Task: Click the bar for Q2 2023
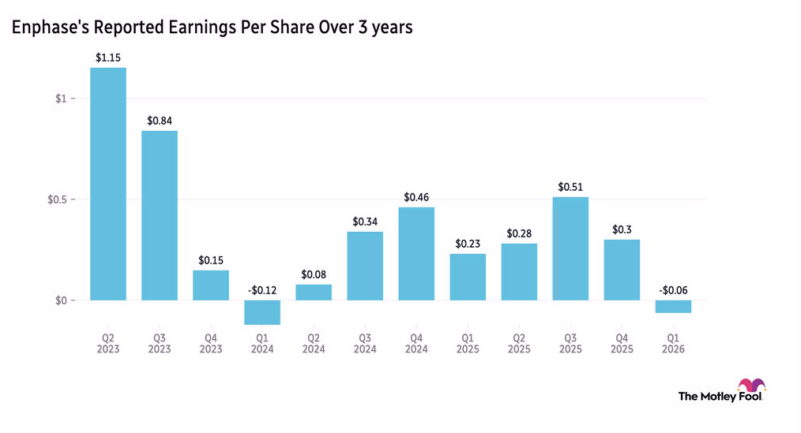click(x=108, y=184)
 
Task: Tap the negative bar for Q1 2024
click(x=262, y=312)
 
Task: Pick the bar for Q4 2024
click(x=416, y=254)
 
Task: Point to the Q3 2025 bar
click(x=570, y=248)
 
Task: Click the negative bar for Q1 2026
click(x=673, y=307)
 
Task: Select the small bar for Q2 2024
click(x=314, y=293)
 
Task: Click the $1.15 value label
click(x=108, y=58)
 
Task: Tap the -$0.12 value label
click(x=262, y=290)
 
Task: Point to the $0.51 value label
click(x=570, y=187)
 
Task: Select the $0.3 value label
click(x=622, y=230)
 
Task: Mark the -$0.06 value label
click(x=673, y=290)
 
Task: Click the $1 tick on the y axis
click(x=63, y=99)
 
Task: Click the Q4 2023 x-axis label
click(x=211, y=343)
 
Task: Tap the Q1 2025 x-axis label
click(x=468, y=343)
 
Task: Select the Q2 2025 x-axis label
click(x=519, y=343)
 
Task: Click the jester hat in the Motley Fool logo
click(x=750, y=386)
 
